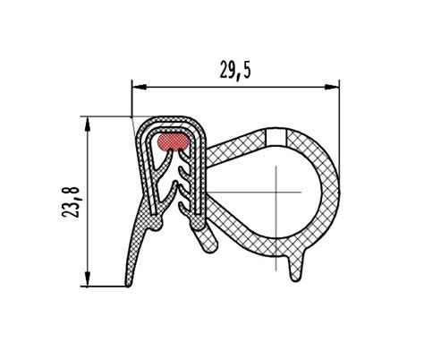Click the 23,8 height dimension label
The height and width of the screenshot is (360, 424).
click(x=71, y=202)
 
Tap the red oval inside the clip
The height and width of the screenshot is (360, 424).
click(x=173, y=141)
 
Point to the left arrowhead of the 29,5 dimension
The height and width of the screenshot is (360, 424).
click(x=139, y=87)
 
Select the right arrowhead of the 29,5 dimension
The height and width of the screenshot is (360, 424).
click(x=332, y=87)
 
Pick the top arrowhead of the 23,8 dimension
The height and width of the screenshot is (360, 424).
click(x=88, y=124)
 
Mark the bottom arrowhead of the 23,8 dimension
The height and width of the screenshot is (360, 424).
click(x=88, y=279)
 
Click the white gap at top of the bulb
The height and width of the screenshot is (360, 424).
click(x=276, y=136)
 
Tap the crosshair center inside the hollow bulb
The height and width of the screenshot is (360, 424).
click(x=276, y=192)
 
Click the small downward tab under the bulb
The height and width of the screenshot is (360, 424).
click(x=296, y=268)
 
